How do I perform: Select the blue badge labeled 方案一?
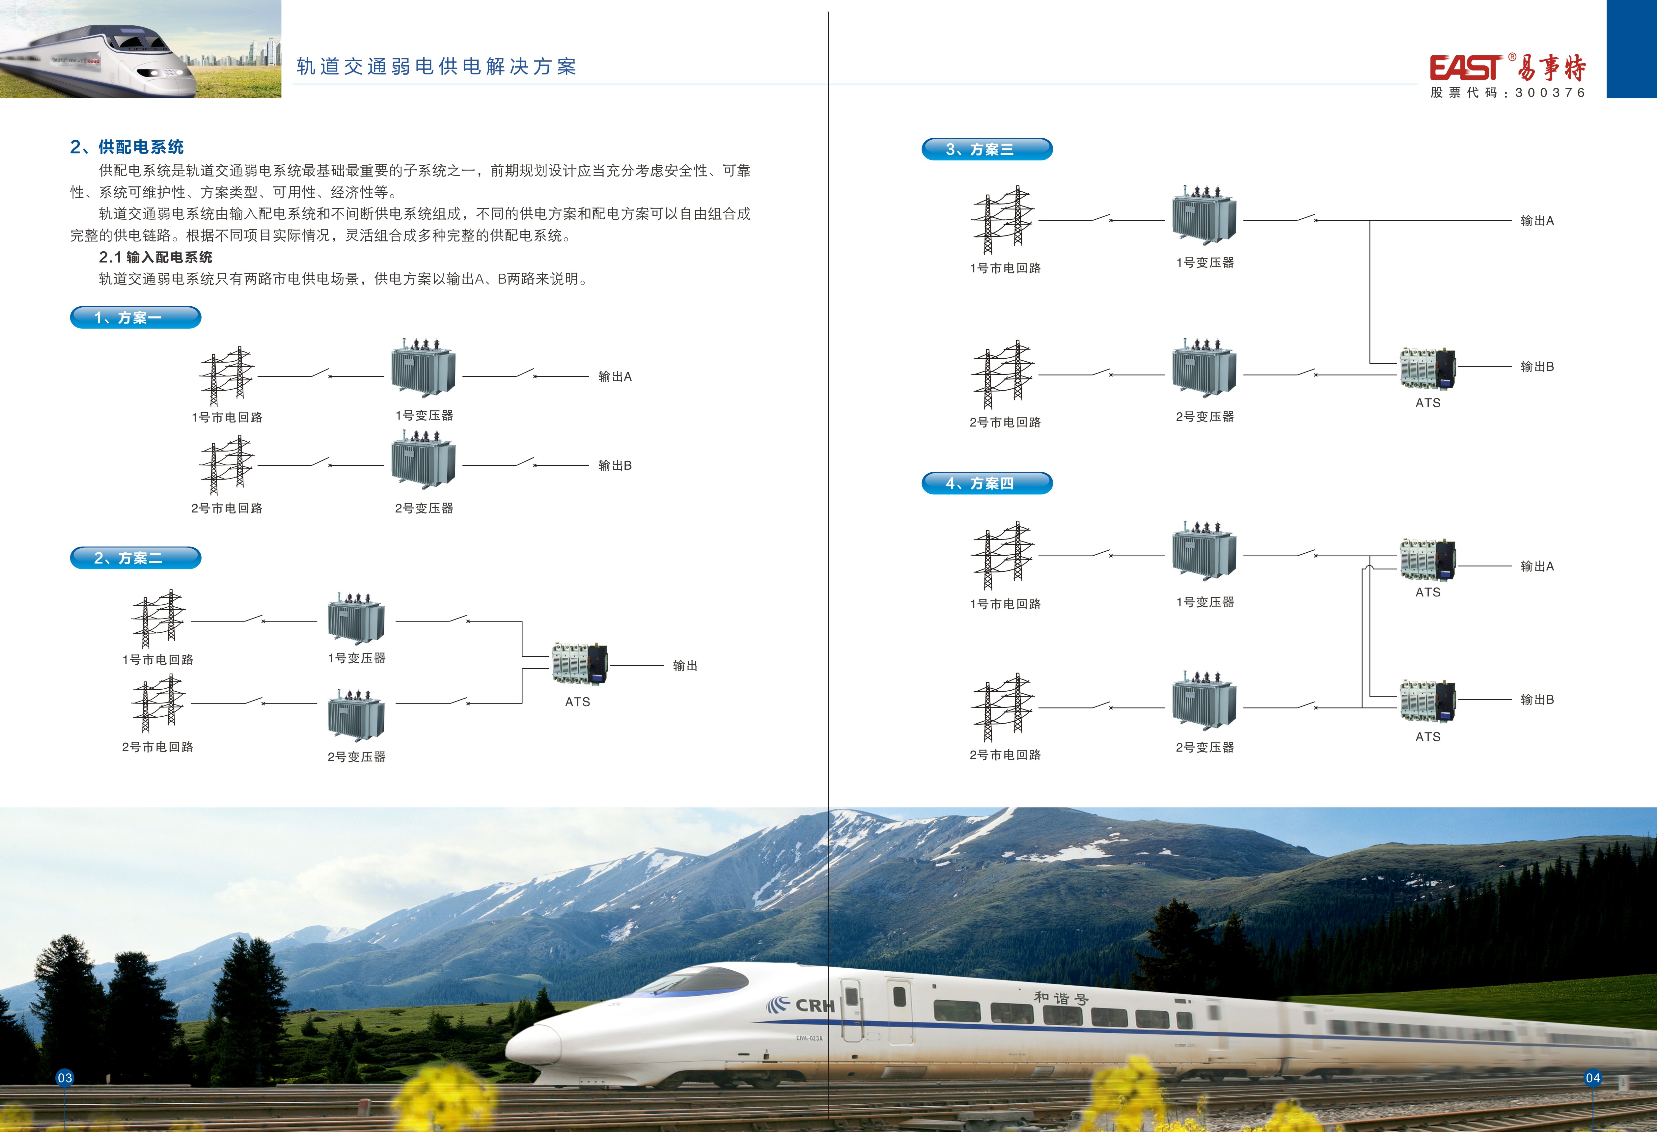(x=135, y=317)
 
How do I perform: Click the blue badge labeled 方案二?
(x=135, y=558)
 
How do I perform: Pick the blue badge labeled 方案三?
(x=987, y=149)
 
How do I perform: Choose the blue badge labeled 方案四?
(x=987, y=483)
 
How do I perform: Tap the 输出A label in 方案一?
(x=615, y=376)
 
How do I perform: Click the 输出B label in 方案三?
(x=1536, y=366)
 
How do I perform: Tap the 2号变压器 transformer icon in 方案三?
(x=1204, y=368)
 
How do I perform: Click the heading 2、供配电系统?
(x=127, y=147)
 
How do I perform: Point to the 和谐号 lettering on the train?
(x=1061, y=998)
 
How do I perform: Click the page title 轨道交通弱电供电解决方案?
(x=436, y=66)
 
